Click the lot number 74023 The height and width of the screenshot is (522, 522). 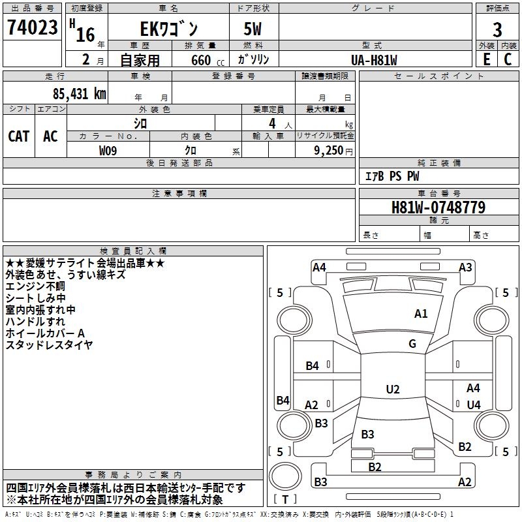tap(32, 27)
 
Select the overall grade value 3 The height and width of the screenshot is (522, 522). tap(497, 29)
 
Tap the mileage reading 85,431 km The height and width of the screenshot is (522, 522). tap(79, 93)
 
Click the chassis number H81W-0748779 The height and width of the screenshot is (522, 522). tap(438, 207)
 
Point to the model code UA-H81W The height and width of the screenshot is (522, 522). tap(374, 60)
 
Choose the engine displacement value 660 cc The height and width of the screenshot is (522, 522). tap(207, 61)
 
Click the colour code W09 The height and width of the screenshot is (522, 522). tap(108, 151)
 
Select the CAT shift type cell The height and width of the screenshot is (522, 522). tap(19, 136)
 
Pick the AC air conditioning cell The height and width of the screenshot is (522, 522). tap(50, 136)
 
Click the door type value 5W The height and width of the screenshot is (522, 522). tap(253, 29)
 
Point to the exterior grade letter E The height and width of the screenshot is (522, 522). tap(487, 59)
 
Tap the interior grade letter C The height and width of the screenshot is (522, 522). tap(508, 59)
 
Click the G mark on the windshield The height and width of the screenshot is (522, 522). tap(412, 344)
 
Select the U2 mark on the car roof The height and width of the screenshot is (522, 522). tap(393, 389)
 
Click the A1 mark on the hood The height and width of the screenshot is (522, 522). tap(421, 314)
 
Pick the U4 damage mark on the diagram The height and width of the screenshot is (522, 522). tap(474, 405)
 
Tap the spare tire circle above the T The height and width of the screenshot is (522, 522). tap(285, 476)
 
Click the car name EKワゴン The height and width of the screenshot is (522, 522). tap(169, 29)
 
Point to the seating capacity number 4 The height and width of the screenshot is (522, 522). tap(272, 123)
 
